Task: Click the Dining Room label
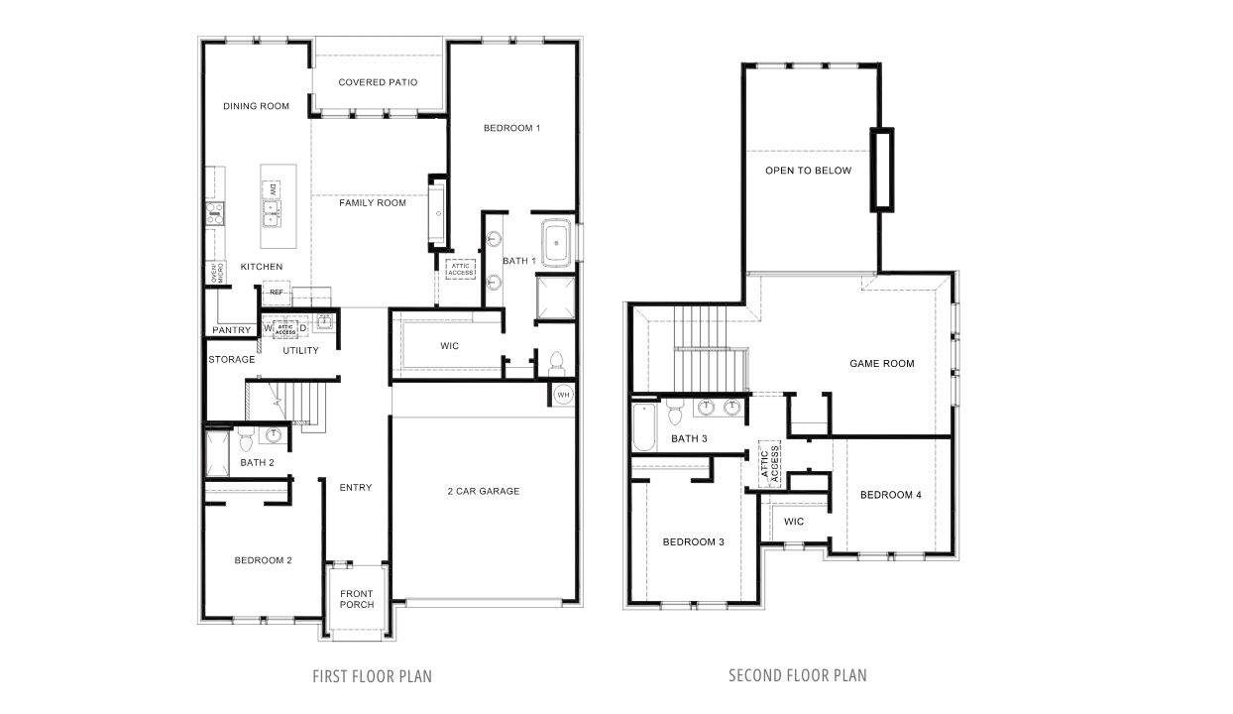pos(256,106)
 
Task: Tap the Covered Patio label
pos(378,82)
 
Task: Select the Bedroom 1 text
pos(511,128)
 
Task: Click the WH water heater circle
pos(563,395)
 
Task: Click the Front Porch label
pos(357,598)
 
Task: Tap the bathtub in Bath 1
pos(556,242)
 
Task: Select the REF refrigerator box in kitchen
pos(277,293)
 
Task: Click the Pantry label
pos(230,330)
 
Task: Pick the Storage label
pos(231,359)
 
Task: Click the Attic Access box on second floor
pos(770,463)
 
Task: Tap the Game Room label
pos(881,364)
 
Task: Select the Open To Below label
pos(808,171)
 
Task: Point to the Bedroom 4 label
pos(891,495)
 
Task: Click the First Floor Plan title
pos(372,676)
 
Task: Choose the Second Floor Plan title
pos(797,676)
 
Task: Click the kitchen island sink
pos(271,209)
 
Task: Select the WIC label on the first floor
pos(449,346)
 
